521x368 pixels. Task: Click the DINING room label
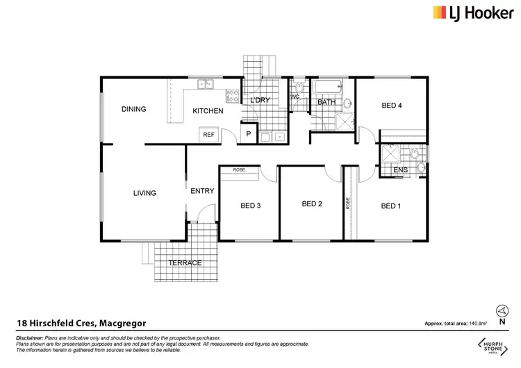[x=133, y=109]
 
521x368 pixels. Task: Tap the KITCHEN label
[x=208, y=111]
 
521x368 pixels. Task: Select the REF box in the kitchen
[x=208, y=135]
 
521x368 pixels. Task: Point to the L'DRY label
[x=259, y=101]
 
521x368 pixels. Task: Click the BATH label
[x=326, y=103]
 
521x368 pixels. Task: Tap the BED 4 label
[x=392, y=106]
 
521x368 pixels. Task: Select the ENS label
[x=400, y=169]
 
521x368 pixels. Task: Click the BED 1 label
[x=391, y=206]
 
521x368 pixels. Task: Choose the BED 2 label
[x=312, y=204]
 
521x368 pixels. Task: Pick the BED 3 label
[x=251, y=206]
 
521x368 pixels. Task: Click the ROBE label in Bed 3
[x=239, y=169]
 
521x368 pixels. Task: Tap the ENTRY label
[x=201, y=191]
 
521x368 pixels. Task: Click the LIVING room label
[x=144, y=193]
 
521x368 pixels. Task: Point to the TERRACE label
[x=185, y=262]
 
